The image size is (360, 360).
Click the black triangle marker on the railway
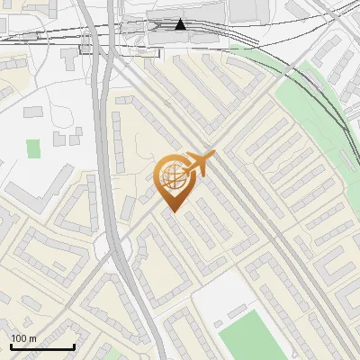click(x=181, y=24)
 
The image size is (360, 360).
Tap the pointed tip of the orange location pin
click(x=171, y=212)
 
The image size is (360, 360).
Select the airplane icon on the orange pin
click(x=200, y=164)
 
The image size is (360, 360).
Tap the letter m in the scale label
click(x=32, y=338)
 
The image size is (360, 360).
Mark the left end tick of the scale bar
click(x=11, y=346)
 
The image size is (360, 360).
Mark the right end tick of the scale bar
click(x=74, y=346)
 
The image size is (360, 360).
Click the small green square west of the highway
click(x=34, y=148)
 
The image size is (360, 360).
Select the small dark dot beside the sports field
click(x=219, y=321)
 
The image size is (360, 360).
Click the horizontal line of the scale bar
click(x=42, y=346)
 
